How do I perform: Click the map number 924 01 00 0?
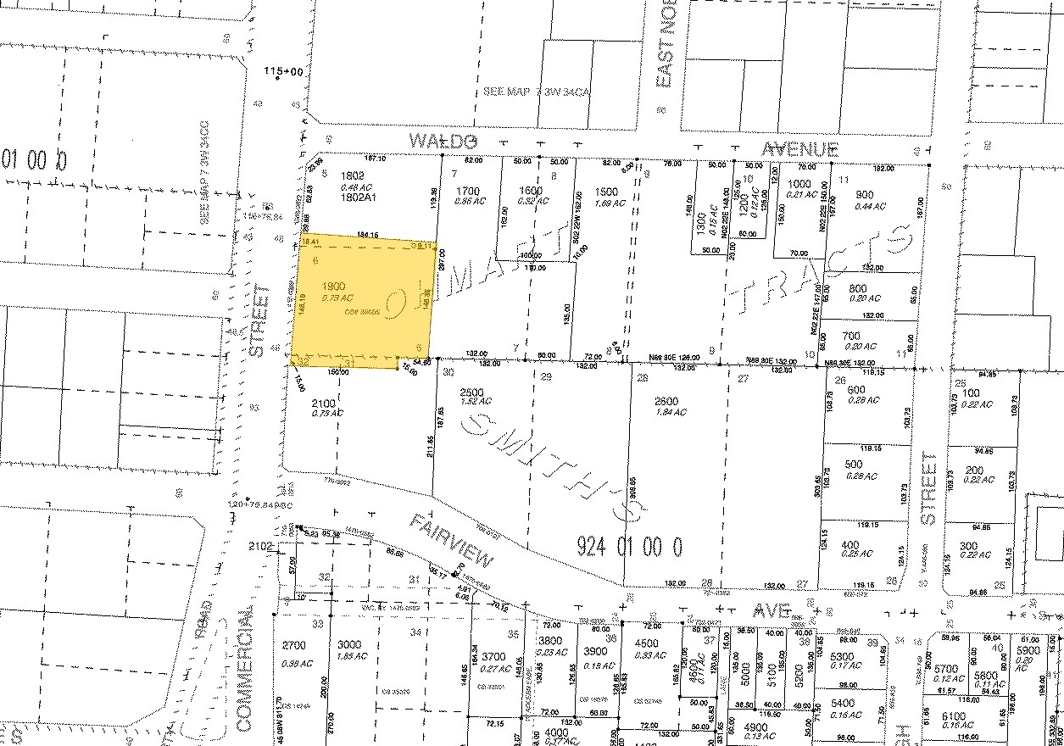[629, 544]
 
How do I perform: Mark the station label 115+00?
[283, 71]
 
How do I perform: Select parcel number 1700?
[469, 191]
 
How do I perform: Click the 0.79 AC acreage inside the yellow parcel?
[337, 298]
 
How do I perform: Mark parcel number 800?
[857, 289]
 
